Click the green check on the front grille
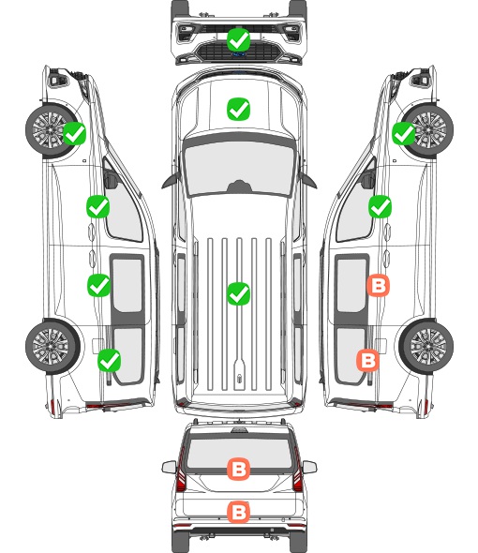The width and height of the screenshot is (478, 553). [x=238, y=40]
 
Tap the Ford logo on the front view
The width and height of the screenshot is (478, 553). [x=239, y=54]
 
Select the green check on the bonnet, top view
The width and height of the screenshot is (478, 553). [x=238, y=109]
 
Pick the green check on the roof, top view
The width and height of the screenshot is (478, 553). [x=238, y=293]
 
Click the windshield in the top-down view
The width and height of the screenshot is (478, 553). [x=239, y=167]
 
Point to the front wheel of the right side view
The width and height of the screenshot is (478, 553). [x=427, y=129]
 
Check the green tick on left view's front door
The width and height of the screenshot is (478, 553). [x=98, y=206]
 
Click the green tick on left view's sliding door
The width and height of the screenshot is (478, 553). [x=98, y=285]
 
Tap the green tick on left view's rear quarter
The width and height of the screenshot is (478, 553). [x=110, y=360]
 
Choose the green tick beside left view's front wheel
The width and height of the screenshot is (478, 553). [x=74, y=133]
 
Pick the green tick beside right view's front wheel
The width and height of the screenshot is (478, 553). [x=404, y=133]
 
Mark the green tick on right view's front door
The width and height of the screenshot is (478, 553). [x=380, y=206]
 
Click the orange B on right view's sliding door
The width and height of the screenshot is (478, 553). [x=378, y=285]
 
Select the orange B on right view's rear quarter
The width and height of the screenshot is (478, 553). [x=368, y=360]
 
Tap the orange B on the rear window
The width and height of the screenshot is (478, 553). [x=238, y=469]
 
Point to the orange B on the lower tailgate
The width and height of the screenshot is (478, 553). [x=238, y=512]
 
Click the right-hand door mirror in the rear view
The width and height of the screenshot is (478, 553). [x=309, y=467]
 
